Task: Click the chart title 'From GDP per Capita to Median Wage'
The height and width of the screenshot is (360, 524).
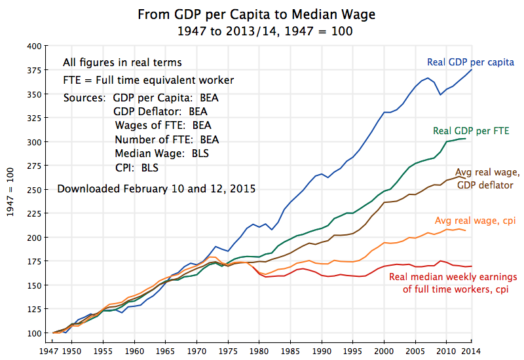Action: pyautogui.click(x=261, y=14)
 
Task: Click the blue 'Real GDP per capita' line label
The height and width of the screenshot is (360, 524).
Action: pyautogui.click(x=470, y=62)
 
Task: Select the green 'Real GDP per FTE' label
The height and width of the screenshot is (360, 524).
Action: pyautogui.click(x=471, y=131)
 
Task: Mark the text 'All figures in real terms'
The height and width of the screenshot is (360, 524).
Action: pyautogui.click(x=122, y=63)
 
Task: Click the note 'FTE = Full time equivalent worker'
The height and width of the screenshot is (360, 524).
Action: pyautogui.click(x=149, y=80)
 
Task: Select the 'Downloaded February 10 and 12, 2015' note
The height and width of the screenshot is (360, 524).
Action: pyautogui.click(x=157, y=189)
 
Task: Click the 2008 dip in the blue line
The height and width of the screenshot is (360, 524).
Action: pyautogui.click(x=440, y=95)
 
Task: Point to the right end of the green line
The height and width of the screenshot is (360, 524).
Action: pyautogui.click(x=466, y=139)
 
